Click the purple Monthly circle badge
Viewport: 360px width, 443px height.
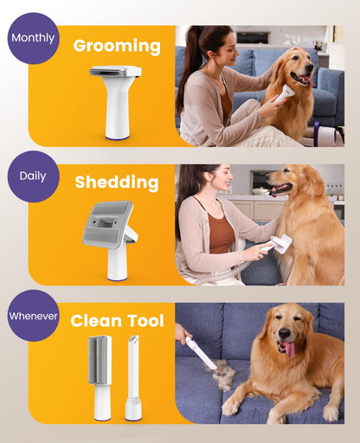(x=34, y=38)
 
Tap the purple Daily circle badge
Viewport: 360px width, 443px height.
(x=34, y=177)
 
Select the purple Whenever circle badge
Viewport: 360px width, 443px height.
(x=34, y=316)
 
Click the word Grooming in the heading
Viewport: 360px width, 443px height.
(x=117, y=46)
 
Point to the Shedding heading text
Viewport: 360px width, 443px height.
(x=117, y=183)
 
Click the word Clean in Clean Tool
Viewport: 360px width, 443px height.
(x=95, y=321)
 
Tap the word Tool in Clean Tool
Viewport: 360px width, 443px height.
(x=144, y=321)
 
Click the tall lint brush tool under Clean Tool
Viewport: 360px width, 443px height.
(x=101, y=376)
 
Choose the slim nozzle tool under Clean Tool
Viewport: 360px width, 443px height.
(x=133, y=381)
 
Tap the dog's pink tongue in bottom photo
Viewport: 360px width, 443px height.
(x=289, y=349)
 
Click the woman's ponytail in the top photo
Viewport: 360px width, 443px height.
(x=186, y=65)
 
